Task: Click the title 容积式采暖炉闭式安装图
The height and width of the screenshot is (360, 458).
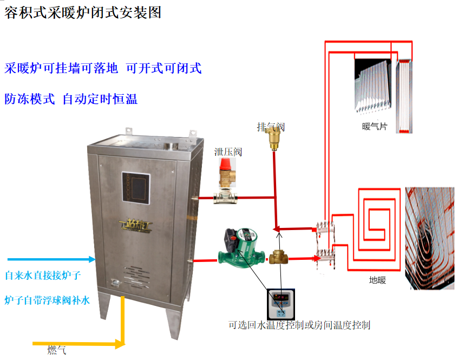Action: [x=83, y=13]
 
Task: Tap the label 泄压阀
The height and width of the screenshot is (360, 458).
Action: [x=228, y=152]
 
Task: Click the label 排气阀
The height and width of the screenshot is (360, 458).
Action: [x=271, y=127]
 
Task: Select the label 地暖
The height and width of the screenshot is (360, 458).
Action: [x=377, y=280]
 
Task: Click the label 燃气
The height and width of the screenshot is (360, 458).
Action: [x=57, y=350]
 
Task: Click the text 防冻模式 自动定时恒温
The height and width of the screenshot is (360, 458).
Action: [x=71, y=99]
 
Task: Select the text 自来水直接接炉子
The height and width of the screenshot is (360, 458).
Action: [x=43, y=276]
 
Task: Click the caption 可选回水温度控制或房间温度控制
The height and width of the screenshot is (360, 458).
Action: [x=299, y=325]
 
